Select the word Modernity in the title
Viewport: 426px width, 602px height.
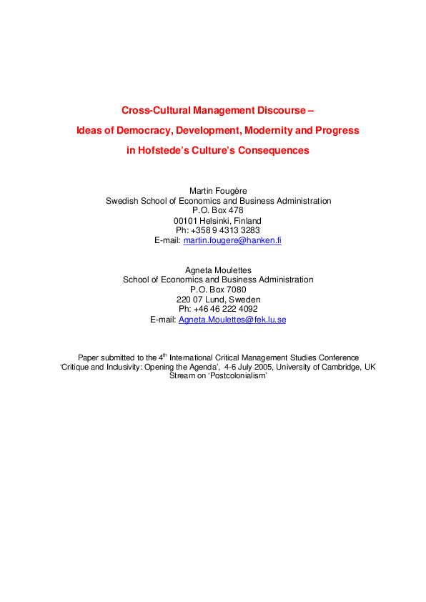[269, 131]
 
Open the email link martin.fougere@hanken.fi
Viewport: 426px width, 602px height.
[232, 241]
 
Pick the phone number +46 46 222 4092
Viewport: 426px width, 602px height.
[227, 310]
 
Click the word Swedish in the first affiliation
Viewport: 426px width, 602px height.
[122, 201]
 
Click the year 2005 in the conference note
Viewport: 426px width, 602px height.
[269, 367]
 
